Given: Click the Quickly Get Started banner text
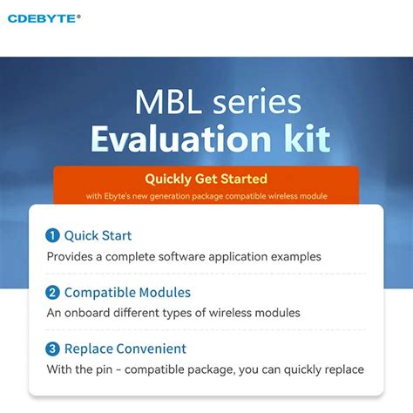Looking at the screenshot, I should tap(206, 179).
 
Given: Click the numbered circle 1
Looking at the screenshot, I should tap(52, 235).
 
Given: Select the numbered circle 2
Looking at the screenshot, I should tap(52, 293).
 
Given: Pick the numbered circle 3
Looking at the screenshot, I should tap(52, 349).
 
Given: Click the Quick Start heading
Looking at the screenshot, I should tap(98, 235).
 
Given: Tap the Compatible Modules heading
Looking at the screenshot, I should tap(127, 293).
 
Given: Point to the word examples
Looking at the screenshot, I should tap(295, 256).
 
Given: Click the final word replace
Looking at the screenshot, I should tap(342, 369).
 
